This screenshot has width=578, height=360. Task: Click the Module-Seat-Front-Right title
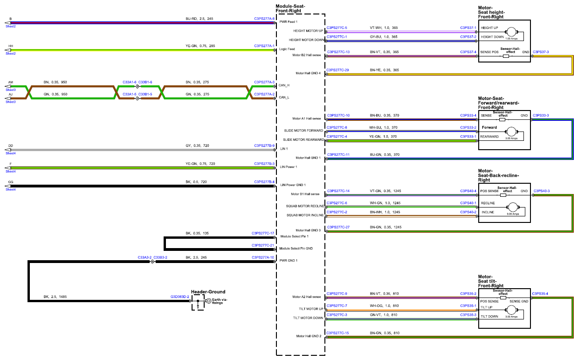(290, 8)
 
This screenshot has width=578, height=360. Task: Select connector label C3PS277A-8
(264, 19)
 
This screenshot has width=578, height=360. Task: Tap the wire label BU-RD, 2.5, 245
(199, 19)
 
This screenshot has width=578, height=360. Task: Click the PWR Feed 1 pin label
(288, 21)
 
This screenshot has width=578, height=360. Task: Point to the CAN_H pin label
(284, 85)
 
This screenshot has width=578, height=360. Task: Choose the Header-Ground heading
(208, 291)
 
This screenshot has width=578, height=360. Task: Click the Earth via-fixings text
(220, 301)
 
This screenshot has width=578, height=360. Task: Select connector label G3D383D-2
(179, 297)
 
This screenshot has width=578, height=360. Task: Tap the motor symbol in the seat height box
(511, 32)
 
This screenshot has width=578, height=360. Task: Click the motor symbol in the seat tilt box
(511, 310)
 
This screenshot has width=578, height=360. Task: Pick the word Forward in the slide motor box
(489, 127)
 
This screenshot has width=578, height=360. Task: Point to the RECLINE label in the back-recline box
(488, 203)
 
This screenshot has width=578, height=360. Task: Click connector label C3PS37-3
(541, 52)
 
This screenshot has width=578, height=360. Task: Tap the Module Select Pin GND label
(296, 248)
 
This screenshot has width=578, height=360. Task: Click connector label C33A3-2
(144, 257)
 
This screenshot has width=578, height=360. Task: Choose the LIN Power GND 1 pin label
(293, 185)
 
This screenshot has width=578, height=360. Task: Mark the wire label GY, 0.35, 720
(197, 145)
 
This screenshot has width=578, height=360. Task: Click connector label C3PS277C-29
(337, 70)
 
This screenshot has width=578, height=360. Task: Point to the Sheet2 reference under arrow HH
(11, 54)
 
